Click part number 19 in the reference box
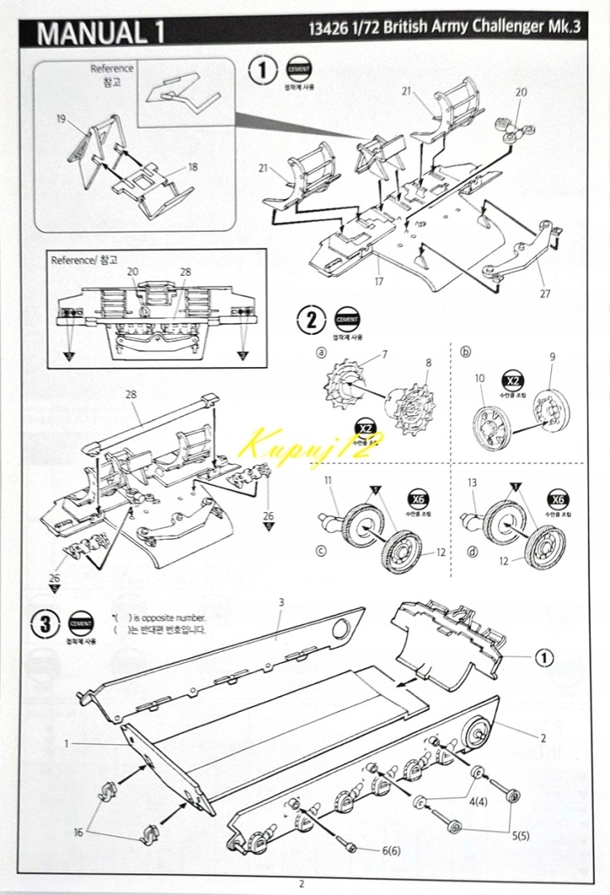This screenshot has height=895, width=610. (x=61, y=119)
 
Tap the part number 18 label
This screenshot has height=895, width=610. (x=192, y=167)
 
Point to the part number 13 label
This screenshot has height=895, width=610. (x=472, y=481)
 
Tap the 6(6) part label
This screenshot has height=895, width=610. (x=392, y=851)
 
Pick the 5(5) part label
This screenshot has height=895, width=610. (x=520, y=835)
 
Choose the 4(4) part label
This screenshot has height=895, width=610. (x=479, y=801)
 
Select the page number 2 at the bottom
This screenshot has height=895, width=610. (x=302, y=883)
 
